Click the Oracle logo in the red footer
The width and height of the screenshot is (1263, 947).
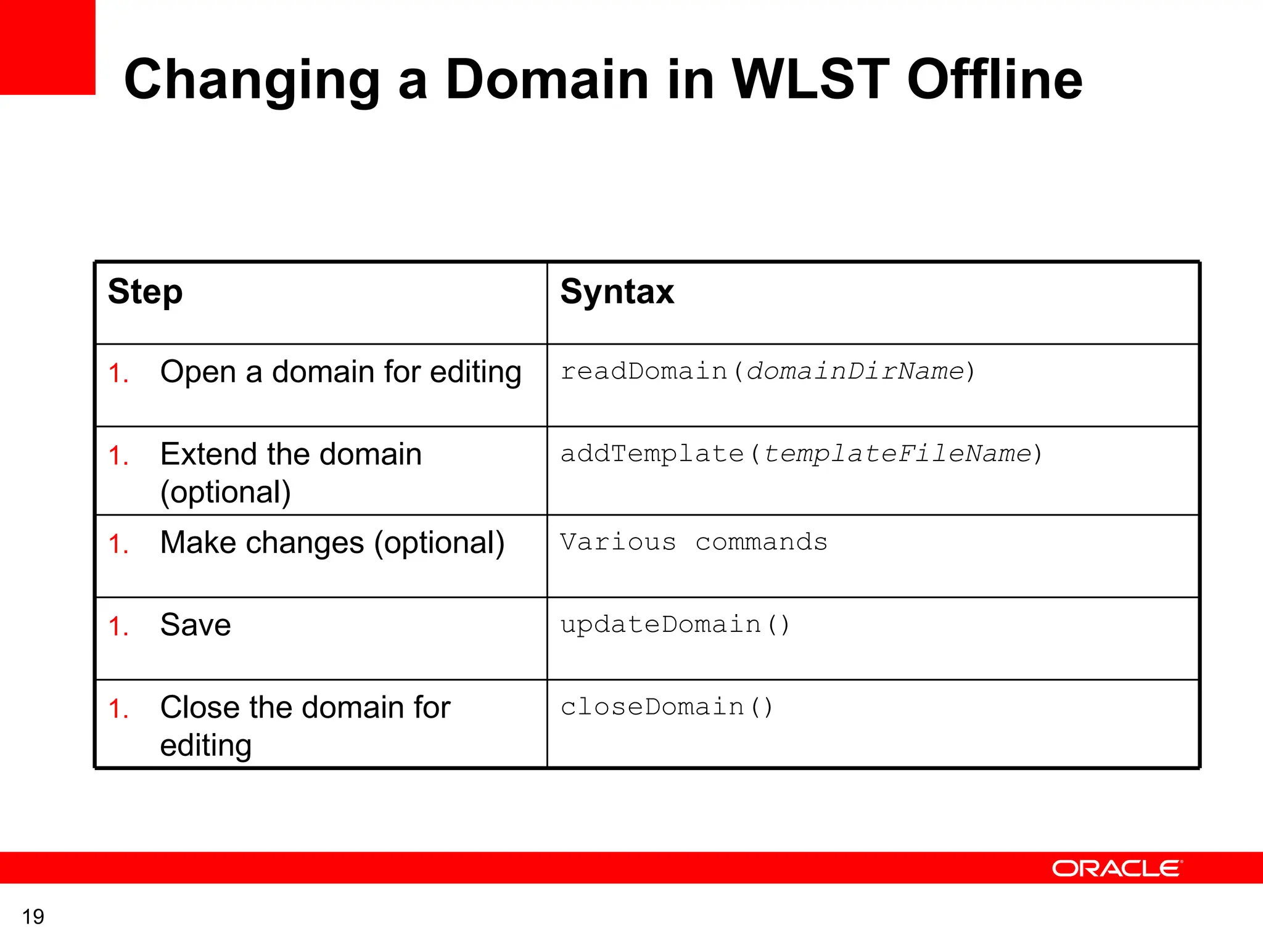(x=1117, y=868)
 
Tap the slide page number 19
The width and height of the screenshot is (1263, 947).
(x=33, y=917)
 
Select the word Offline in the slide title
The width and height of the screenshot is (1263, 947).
(x=994, y=80)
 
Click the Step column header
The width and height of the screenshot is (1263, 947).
(x=145, y=292)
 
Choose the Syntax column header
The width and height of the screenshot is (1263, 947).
(x=617, y=292)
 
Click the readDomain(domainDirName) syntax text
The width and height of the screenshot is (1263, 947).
(x=767, y=371)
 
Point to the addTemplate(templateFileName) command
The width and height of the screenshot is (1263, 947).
(x=800, y=454)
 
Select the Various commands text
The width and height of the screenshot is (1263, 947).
(x=693, y=542)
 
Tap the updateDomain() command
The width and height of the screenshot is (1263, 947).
(x=675, y=625)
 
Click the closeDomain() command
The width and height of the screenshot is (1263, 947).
(x=666, y=707)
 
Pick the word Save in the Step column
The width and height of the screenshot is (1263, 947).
(x=195, y=625)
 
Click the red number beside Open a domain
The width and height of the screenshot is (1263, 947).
(x=118, y=374)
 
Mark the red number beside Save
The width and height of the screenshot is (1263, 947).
(x=118, y=627)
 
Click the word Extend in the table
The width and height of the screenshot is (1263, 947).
(x=208, y=454)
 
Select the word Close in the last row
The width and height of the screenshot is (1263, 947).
(x=199, y=707)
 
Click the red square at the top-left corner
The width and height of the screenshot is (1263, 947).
(x=47, y=47)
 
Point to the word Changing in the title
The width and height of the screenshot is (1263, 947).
(x=252, y=81)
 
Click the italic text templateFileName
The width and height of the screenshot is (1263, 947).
(x=897, y=454)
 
